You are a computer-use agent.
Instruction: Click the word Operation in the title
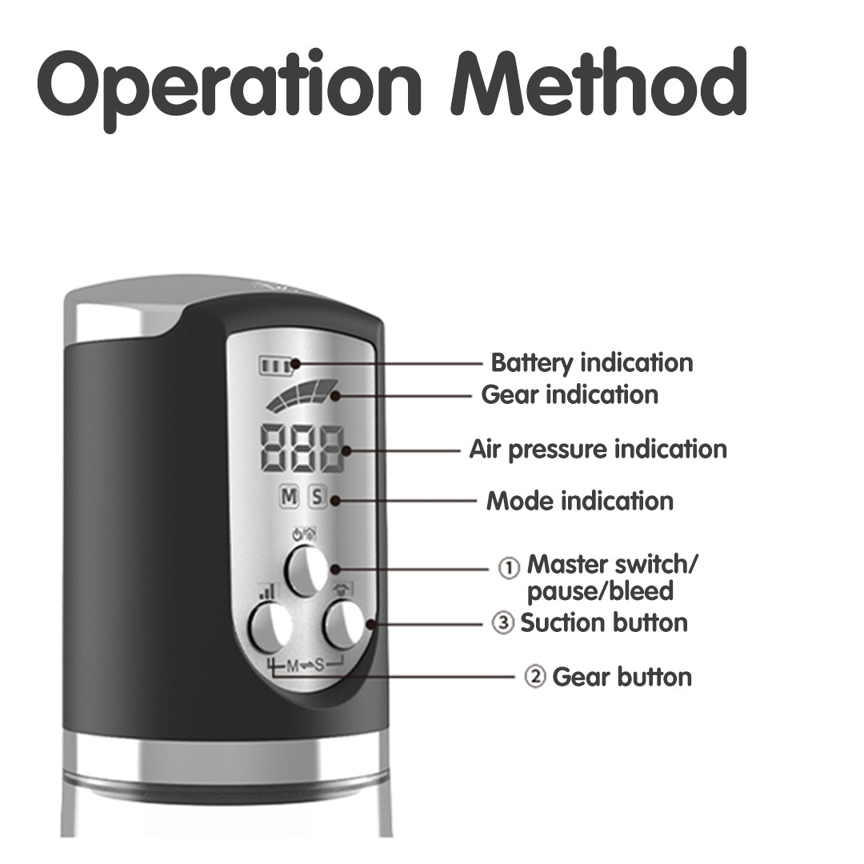click(230, 87)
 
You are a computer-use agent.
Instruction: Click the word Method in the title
click(598, 82)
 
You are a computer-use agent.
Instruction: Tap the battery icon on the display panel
click(275, 366)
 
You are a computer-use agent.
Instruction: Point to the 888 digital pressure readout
click(302, 449)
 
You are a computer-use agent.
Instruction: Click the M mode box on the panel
click(289, 497)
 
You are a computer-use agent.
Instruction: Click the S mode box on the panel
click(318, 497)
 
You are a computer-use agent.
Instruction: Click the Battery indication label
click(592, 363)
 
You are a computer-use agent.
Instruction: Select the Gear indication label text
click(570, 395)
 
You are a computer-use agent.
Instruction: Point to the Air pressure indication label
click(598, 450)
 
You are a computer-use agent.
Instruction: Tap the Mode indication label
click(580, 502)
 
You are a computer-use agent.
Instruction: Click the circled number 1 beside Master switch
click(509, 567)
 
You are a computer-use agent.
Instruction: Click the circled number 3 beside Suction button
click(502, 623)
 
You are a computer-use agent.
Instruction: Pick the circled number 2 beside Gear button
click(534, 677)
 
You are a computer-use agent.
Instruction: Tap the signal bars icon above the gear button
click(267, 592)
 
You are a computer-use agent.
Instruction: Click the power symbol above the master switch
click(298, 534)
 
